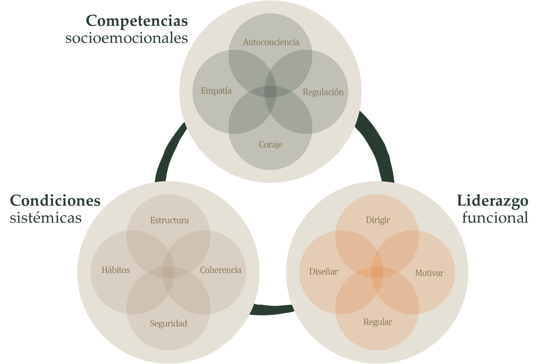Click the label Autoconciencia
(x=271, y=42)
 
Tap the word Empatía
(x=216, y=91)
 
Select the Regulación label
(x=323, y=92)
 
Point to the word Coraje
(x=270, y=144)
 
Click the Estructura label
(x=169, y=220)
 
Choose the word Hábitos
(x=115, y=270)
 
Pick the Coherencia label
(x=220, y=270)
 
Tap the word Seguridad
(x=168, y=323)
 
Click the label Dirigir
(x=377, y=220)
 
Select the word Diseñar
(x=323, y=271)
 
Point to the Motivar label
(x=429, y=273)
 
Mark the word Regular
(x=377, y=322)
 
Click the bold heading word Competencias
(x=137, y=21)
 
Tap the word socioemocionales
(x=126, y=38)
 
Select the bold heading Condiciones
(x=55, y=201)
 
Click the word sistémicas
(x=46, y=218)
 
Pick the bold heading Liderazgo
(x=492, y=201)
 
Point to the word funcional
(x=495, y=218)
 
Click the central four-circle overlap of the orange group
(x=377, y=273)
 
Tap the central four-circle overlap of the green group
(x=270, y=92)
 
